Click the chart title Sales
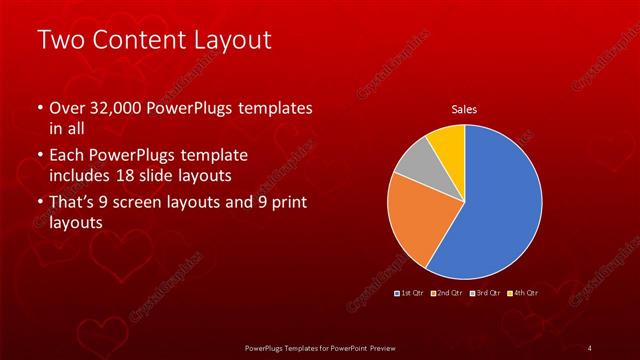(x=464, y=108)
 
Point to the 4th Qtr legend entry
(x=525, y=293)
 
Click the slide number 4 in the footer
(x=590, y=347)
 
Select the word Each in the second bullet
(x=65, y=156)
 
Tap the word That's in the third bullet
(x=72, y=203)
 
